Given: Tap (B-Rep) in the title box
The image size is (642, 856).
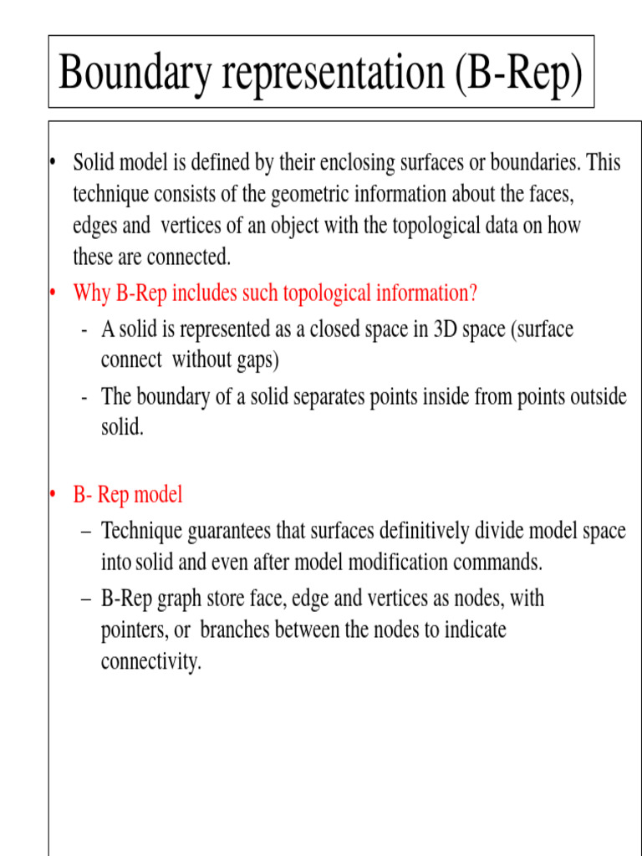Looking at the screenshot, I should pos(519,74).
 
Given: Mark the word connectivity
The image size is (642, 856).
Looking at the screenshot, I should pos(150,661).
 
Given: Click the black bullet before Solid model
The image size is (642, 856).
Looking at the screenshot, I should pos(52,162).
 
